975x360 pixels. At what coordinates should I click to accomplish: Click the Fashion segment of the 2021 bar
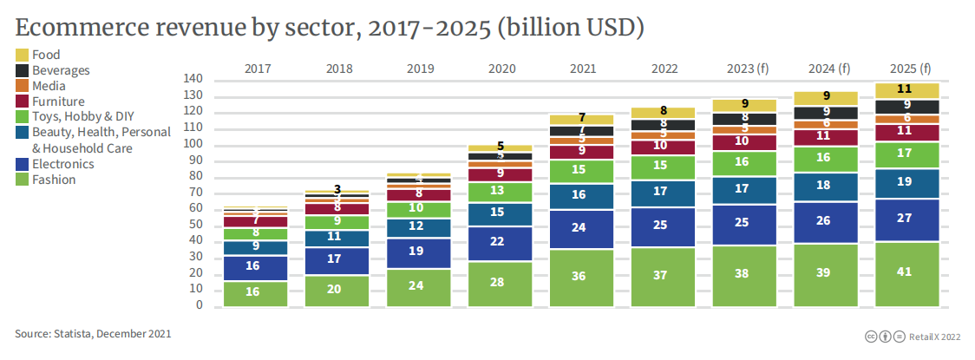click(x=581, y=278)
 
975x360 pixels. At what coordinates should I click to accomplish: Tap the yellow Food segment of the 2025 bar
click(x=907, y=89)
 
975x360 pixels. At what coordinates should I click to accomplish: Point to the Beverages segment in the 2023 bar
click(x=744, y=118)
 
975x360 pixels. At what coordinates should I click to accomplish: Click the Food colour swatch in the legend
click(x=23, y=55)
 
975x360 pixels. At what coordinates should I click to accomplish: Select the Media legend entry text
click(x=49, y=86)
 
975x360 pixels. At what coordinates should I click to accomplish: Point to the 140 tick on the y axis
click(x=193, y=79)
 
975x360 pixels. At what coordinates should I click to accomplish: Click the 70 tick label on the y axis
click(x=196, y=193)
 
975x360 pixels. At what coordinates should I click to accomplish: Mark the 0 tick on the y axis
click(x=199, y=305)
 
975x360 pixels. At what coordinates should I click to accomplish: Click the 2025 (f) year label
click(x=907, y=68)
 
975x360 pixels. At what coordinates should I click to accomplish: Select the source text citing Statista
click(x=93, y=334)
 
